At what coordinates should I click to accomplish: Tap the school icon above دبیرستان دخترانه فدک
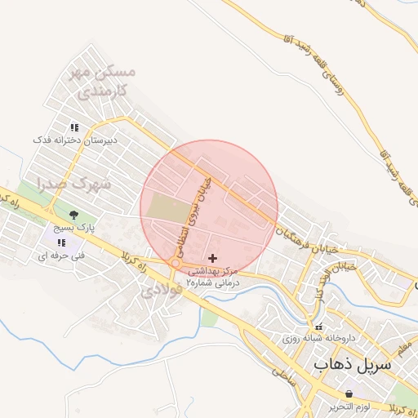click(74, 127)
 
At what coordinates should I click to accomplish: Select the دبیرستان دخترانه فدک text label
click(75, 140)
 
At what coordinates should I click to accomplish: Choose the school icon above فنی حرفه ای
click(62, 242)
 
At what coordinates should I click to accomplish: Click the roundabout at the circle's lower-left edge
click(175, 264)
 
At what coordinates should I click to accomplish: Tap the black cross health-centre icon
click(213, 257)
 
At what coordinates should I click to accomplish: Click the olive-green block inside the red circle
click(166, 209)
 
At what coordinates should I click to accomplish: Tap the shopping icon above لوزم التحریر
click(350, 394)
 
